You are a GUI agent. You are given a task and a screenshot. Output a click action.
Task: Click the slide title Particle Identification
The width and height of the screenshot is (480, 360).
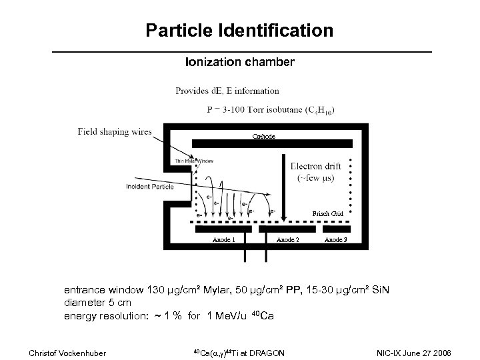pos(239,30)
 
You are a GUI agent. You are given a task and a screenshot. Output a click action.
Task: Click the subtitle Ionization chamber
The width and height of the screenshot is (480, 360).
pos(239,62)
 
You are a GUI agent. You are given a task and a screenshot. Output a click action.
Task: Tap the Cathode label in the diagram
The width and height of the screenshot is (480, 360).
pos(263,136)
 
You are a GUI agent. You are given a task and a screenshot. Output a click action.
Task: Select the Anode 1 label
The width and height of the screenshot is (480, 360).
pos(223,239)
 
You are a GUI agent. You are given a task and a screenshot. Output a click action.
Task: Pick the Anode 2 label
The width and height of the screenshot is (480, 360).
pos(287,239)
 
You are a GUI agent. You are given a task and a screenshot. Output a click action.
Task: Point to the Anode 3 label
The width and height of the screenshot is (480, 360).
pos(335,239)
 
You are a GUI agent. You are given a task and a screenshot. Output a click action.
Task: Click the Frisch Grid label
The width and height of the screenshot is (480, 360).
pos(328,213)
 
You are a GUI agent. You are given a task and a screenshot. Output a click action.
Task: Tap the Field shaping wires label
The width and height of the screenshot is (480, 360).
pos(114,131)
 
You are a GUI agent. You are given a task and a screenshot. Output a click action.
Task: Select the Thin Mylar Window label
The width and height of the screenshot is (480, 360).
pos(193,161)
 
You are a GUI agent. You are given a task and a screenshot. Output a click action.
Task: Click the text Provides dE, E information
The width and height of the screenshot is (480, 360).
pos(227,91)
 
